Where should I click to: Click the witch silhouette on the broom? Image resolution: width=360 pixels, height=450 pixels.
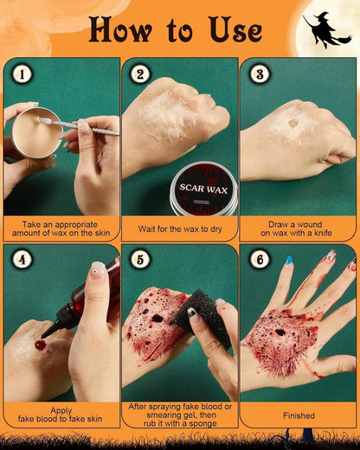point(326,30)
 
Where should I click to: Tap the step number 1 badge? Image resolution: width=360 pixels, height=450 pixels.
point(22,74)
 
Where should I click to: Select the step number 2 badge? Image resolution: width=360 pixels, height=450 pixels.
point(140,74)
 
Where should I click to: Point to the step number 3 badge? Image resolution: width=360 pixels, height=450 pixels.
point(260,74)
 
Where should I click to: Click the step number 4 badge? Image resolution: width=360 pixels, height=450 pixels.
point(22,260)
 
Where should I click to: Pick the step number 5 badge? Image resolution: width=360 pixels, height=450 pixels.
point(140,260)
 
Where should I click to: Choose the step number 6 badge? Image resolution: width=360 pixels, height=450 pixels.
point(260,260)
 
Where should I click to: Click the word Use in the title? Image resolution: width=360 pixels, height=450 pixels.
point(235,29)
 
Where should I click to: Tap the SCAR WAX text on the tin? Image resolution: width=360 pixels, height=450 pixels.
point(203,189)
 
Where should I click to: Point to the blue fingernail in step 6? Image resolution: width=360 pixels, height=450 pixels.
point(289,260)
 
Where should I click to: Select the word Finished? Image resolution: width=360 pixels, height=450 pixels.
point(299,415)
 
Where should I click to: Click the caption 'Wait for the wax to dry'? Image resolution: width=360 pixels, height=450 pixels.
point(180,229)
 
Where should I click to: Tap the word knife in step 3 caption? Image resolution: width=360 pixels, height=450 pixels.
point(323,233)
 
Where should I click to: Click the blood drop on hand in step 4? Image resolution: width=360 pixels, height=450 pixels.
point(41,345)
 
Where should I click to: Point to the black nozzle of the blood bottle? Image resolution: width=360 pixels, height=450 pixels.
point(55,322)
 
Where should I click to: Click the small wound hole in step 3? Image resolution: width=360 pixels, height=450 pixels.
point(293,123)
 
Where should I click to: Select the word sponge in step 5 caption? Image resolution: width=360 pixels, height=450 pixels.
point(202,424)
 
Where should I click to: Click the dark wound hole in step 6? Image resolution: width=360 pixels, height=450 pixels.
point(280,332)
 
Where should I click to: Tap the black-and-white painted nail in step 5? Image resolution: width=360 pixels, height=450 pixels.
point(192,313)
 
